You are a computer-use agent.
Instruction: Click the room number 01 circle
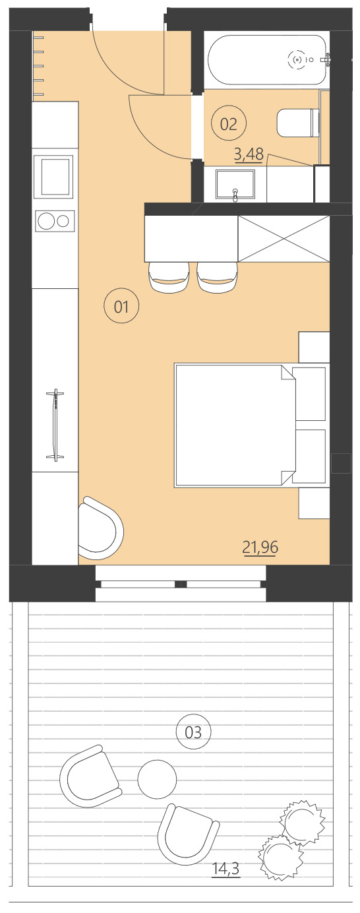coord(121,306)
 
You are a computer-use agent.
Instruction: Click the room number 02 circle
coord(229,124)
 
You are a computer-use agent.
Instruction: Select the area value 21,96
coord(260,547)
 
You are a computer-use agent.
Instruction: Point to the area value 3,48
coord(249,155)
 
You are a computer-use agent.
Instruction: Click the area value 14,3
coord(225,870)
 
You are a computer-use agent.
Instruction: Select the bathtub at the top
coord(267,60)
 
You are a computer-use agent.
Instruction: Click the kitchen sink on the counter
coord(53,176)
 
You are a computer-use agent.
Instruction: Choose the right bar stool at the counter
coord(217,277)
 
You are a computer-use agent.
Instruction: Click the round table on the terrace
coord(157,779)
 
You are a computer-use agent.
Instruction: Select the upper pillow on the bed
coord(309,394)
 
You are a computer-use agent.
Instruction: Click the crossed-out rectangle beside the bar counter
coord(283,238)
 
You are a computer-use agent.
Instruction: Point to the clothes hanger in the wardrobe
coord(55,425)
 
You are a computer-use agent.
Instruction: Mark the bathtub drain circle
coord(298,60)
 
